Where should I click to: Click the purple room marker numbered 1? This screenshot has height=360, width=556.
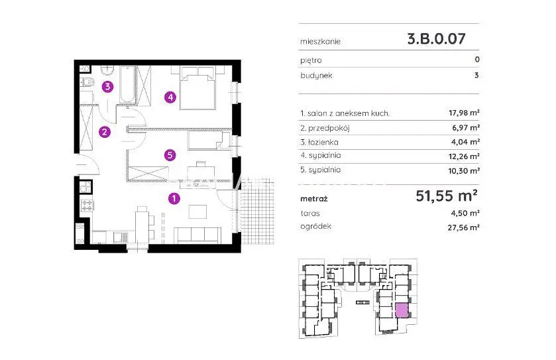tap(174, 198)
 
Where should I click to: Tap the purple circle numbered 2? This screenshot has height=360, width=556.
tap(104, 132)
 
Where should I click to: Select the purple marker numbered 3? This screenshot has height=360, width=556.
tap(108, 87)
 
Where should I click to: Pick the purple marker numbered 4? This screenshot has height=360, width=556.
tap(170, 97)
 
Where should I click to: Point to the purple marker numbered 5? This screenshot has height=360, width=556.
tap(170, 155)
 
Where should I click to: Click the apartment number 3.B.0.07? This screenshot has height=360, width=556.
tap(436, 38)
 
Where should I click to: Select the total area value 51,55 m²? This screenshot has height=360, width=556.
tap(447, 196)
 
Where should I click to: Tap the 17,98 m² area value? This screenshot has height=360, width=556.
tap(464, 113)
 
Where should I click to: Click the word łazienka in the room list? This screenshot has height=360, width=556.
tap(323, 143)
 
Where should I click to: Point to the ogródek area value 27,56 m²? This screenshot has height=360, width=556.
tap(463, 227)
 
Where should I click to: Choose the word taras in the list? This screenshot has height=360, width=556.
tap(310, 213)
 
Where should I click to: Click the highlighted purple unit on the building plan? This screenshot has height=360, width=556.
tap(402, 310)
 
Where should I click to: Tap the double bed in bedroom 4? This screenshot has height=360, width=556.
tap(197, 88)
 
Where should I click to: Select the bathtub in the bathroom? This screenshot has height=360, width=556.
tap(127, 85)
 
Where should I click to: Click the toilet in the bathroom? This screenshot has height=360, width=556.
tap(87, 83)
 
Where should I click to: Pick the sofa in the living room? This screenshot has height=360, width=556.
tap(197, 235)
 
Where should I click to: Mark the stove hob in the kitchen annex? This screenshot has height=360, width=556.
tap(87, 205)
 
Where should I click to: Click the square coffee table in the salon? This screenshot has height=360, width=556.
tap(197, 211)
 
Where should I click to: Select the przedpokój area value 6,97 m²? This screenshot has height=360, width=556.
tap(466, 127)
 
